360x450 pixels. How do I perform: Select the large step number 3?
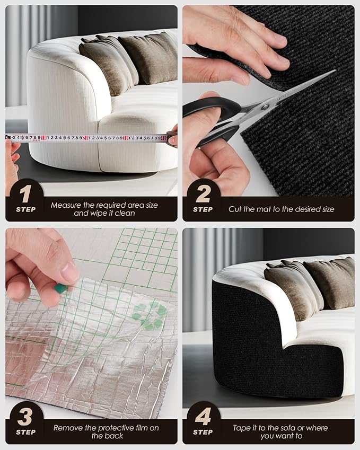[x=25, y=417]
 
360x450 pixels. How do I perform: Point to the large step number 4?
[x=203, y=417]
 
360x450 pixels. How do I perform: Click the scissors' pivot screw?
[x=265, y=107]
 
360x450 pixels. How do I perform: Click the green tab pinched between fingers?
[x=60, y=288]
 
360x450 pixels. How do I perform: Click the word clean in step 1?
[x=126, y=213]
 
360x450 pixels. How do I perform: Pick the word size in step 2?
[x=328, y=209]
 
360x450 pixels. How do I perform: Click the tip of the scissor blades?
[x=335, y=70]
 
